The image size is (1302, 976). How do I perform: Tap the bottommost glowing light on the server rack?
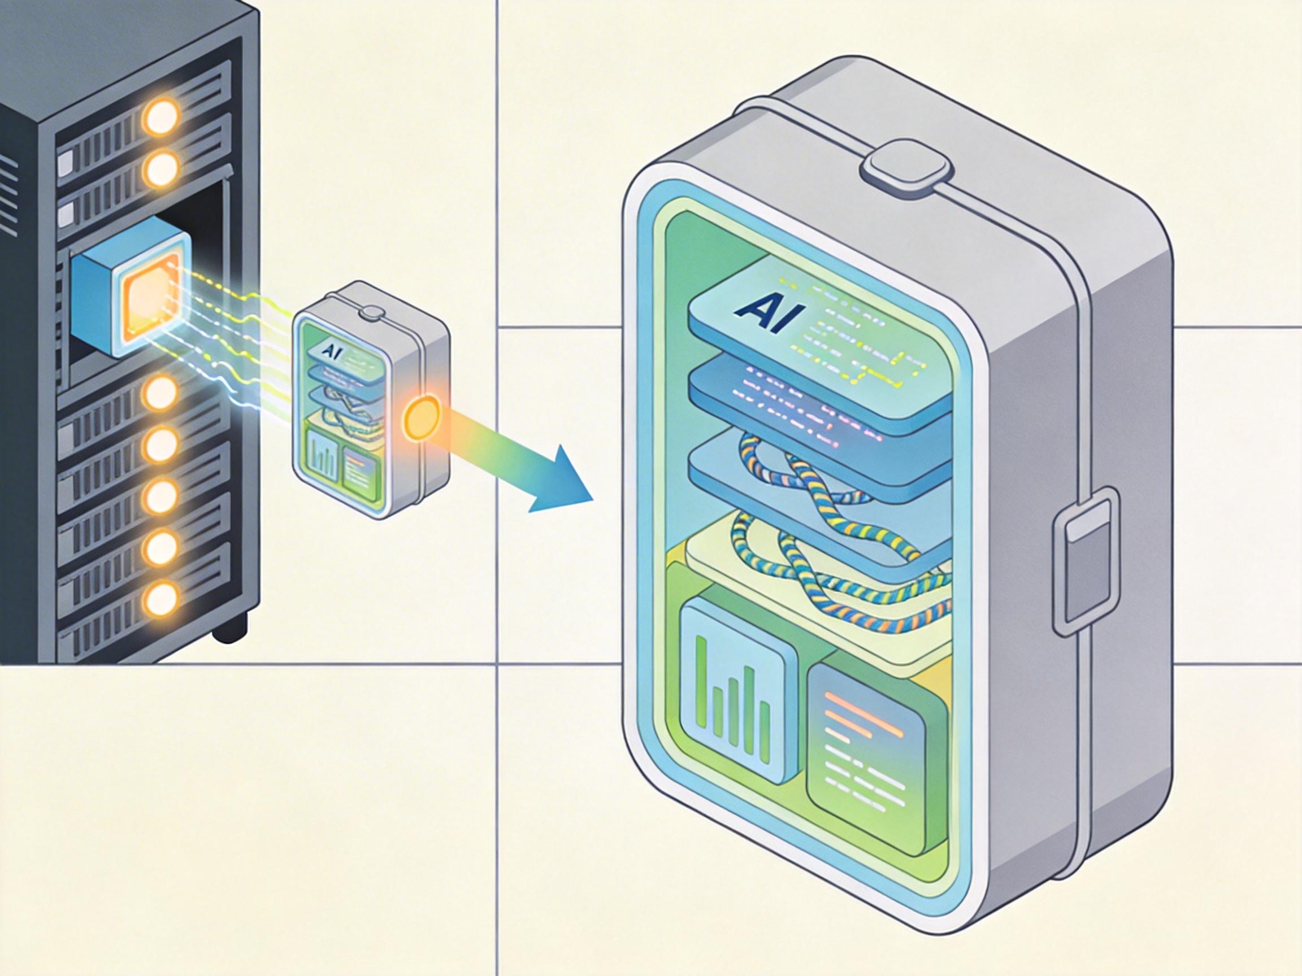click(160, 599)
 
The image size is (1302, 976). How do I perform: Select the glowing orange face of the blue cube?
click(150, 301)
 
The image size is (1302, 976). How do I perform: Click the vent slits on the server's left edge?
click(9, 194)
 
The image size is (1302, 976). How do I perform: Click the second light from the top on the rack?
click(160, 168)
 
